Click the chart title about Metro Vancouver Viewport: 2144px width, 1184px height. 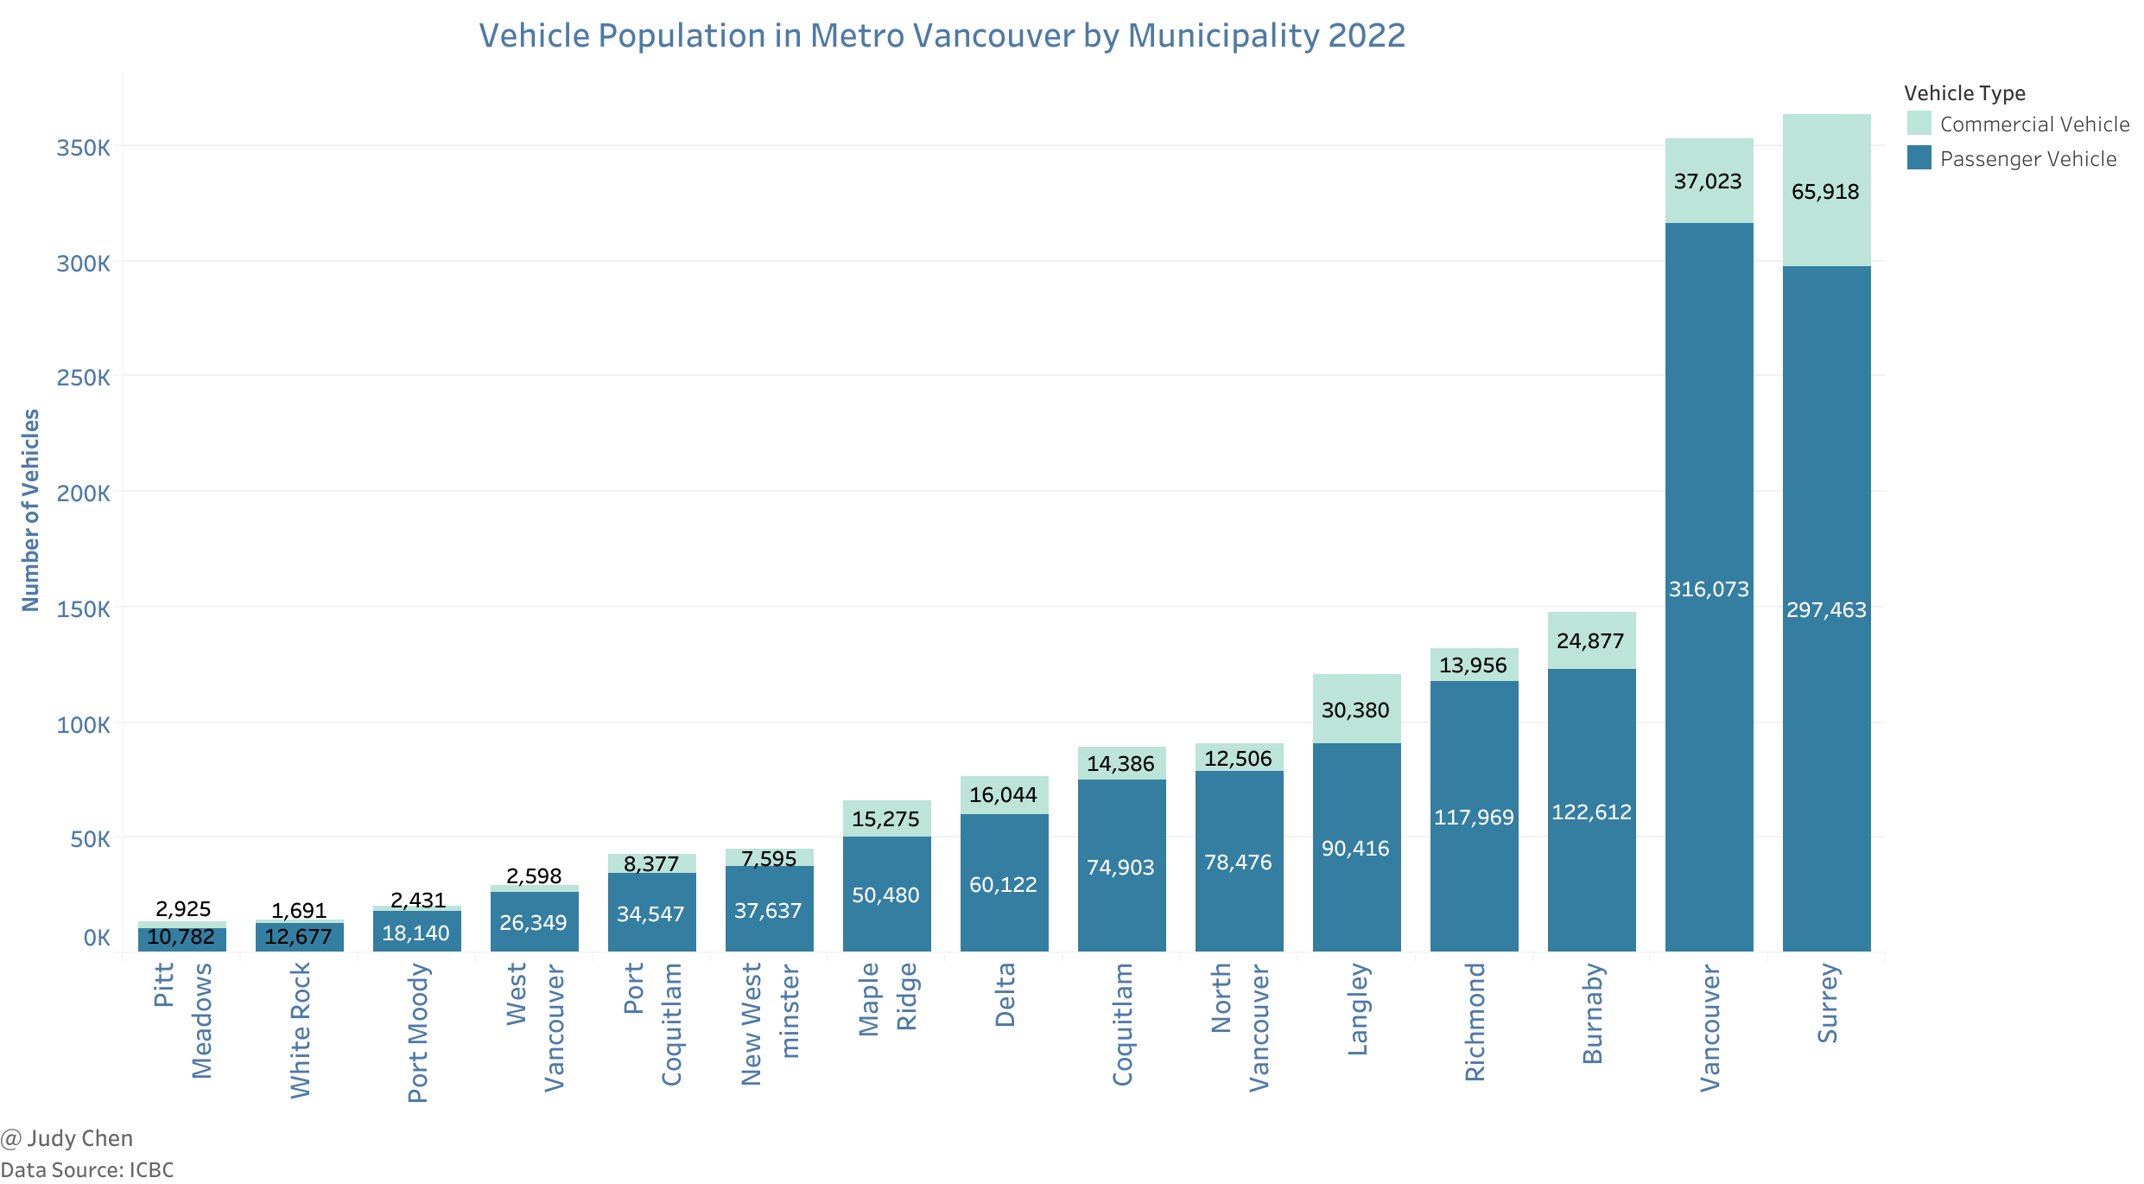click(x=942, y=36)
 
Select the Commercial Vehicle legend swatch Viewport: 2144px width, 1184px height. click(x=1919, y=124)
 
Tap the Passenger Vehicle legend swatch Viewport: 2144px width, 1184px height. click(x=1919, y=158)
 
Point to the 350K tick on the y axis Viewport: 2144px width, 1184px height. click(x=83, y=148)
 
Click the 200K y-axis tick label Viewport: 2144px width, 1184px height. click(x=83, y=493)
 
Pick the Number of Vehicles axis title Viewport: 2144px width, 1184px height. click(x=31, y=510)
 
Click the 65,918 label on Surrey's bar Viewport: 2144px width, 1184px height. click(x=1824, y=192)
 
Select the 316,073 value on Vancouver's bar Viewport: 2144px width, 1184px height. click(x=1708, y=589)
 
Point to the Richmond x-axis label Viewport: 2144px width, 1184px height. click(x=1475, y=1022)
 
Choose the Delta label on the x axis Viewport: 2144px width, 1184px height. click(x=1005, y=995)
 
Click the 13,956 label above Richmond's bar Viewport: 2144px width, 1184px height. click(x=1473, y=665)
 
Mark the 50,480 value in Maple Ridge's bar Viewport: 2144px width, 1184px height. click(x=885, y=895)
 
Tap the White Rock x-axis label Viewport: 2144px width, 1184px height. click(x=300, y=1030)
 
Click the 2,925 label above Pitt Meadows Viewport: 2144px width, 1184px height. click(x=183, y=909)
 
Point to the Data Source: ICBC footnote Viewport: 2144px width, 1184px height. click(x=87, y=1170)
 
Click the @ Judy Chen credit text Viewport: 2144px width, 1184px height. click(x=67, y=1138)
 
